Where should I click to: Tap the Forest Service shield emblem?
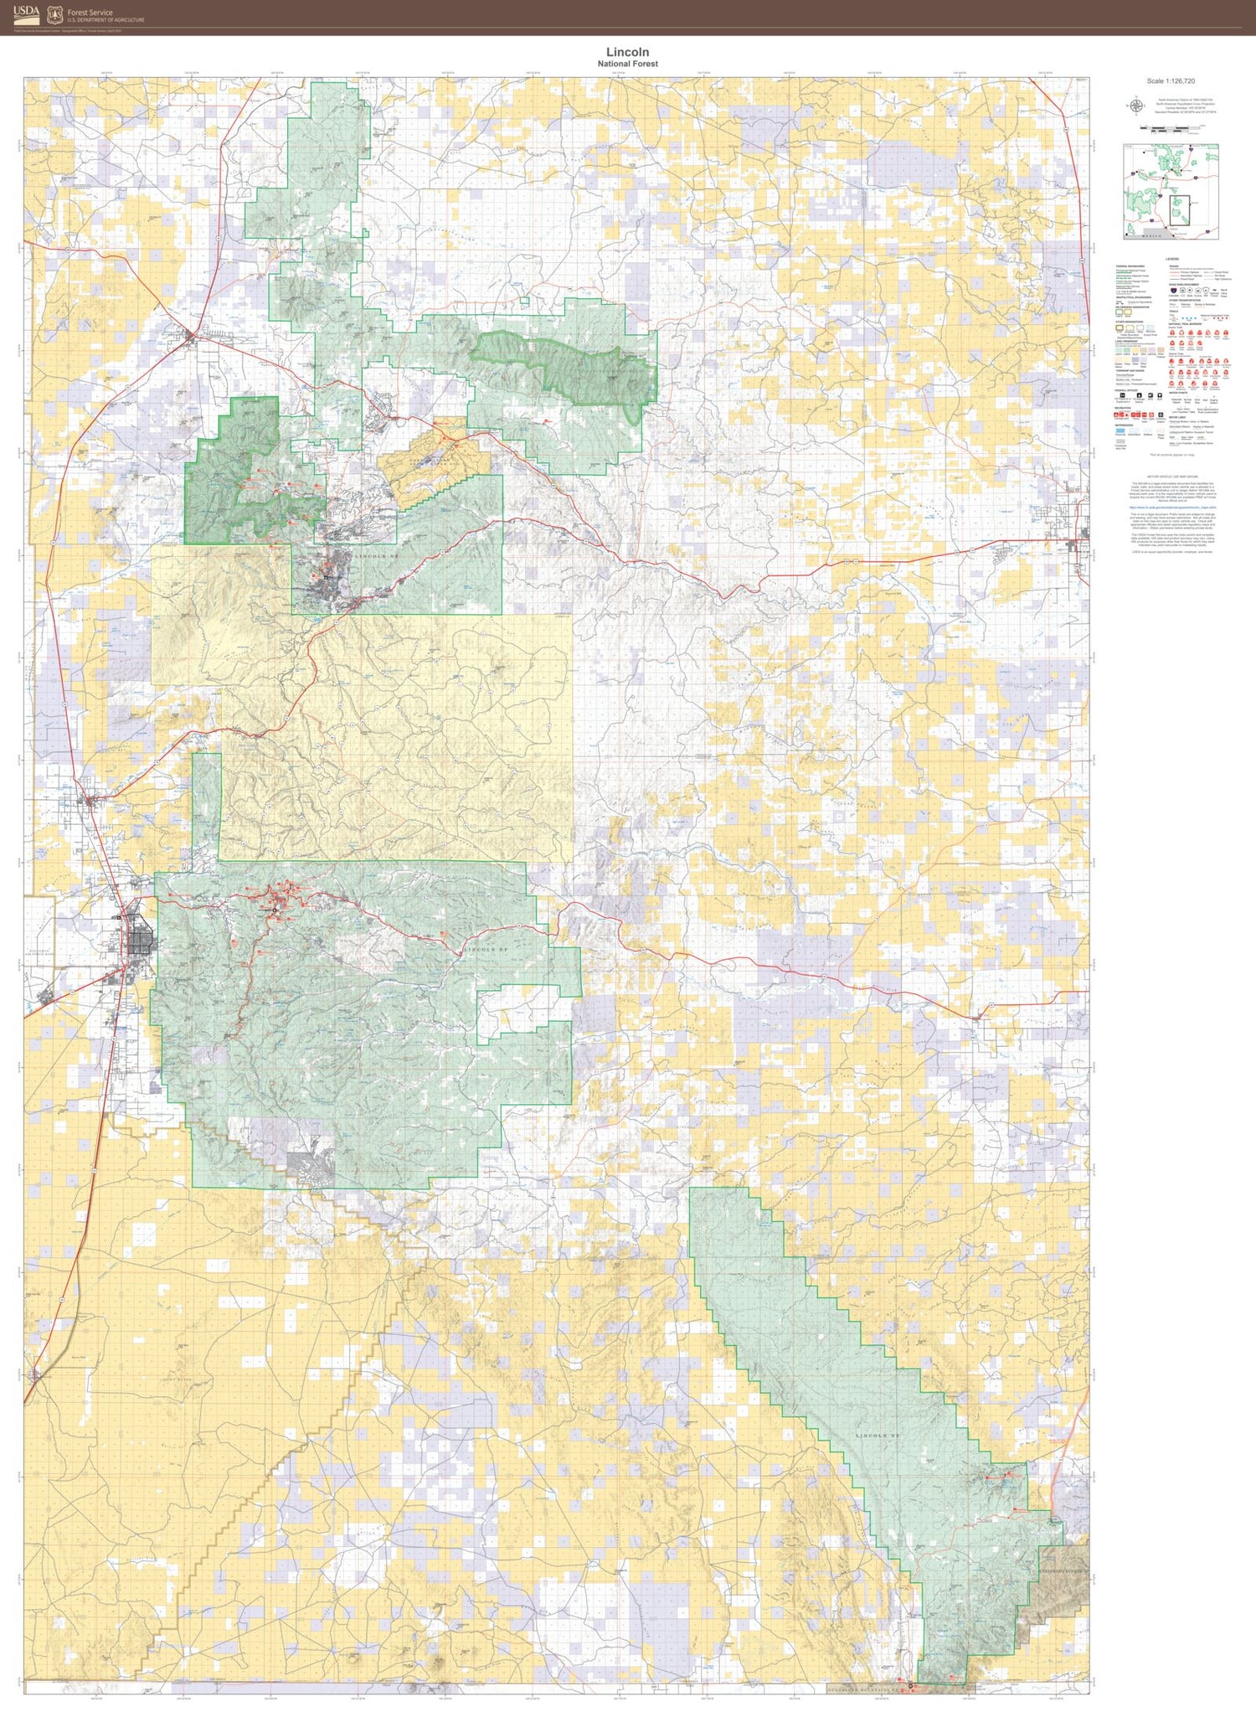54,14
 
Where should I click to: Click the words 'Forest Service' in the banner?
90,13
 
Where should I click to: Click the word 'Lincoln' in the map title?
627,52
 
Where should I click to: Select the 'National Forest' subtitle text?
627,64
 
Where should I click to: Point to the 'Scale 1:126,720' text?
1171,81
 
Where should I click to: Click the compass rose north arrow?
1136,106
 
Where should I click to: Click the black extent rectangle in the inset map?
1179,207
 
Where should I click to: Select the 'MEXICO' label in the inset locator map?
1153,236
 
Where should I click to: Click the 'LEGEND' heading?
1172,259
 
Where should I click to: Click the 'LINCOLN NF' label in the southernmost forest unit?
877,1436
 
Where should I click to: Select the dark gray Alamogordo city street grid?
141,936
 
